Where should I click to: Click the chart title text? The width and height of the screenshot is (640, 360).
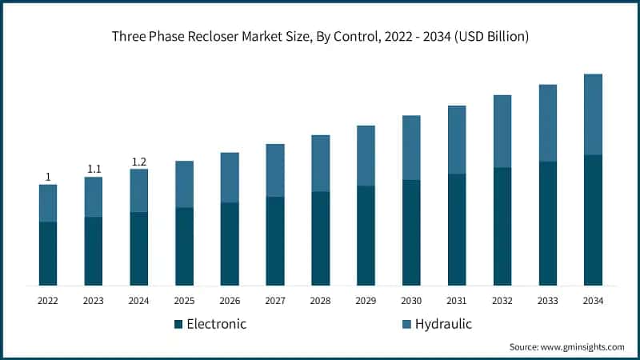(320, 37)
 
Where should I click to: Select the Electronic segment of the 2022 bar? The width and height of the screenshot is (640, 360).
(48, 254)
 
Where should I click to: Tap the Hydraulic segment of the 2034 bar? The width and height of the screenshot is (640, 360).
(593, 114)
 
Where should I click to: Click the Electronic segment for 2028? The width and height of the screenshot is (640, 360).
(320, 238)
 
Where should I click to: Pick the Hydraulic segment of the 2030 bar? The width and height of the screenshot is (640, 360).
(411, 148)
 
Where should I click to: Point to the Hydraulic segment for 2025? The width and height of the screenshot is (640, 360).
(184, 184)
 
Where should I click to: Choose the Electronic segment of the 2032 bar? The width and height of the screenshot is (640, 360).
(502, 226)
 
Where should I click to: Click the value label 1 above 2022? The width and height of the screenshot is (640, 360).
(48, 177)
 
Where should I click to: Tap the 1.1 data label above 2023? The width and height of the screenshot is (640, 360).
(94, 169)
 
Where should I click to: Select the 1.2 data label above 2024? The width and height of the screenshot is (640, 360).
(139, 162)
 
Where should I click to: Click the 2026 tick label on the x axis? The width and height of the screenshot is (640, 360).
(230, 301)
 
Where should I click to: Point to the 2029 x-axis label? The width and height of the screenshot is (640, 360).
(366, 301)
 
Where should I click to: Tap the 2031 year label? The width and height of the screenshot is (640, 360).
(457, 301)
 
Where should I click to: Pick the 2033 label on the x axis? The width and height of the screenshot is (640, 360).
(547, 301)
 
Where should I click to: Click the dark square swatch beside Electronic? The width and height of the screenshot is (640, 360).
(178, 324)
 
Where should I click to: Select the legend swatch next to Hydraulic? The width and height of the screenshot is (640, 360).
(406, 324)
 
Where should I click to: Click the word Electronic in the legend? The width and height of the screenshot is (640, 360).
(216, 324)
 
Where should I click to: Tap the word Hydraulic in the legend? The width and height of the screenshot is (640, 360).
(442, 324)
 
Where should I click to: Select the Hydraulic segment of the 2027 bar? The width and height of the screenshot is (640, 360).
(275, 170)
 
